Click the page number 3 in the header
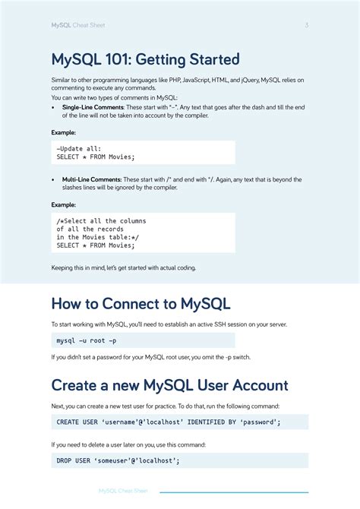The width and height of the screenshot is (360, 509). [307, 25]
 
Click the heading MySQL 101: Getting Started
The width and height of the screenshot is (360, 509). [145, 59]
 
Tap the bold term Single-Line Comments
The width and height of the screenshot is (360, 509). [93, 108]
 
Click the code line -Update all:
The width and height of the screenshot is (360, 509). [79, 147]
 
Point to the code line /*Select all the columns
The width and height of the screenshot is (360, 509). [101, 221]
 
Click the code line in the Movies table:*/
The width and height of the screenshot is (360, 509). [97, 237]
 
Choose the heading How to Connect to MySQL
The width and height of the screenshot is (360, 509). [141, 304]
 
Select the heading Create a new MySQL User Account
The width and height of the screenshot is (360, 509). [169, 385]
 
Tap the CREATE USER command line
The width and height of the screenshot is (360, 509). [169, 422]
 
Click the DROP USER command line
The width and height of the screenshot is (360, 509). [118, 460]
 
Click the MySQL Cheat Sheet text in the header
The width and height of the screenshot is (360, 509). [78, 25]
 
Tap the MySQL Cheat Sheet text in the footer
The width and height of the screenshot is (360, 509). [123, 491]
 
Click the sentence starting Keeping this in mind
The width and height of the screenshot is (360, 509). [123, 267]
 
